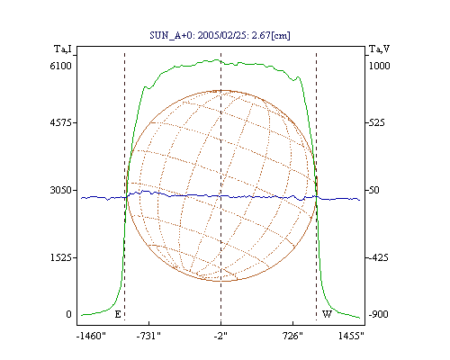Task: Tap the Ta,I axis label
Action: pyautogui.click(x=63, y=49)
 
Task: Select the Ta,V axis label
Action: pyautogui.click(x=379, y=49)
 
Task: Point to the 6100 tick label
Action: pyautogui.click(x=61, y=66)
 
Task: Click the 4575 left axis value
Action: pyautogui.click(x=61, y=122)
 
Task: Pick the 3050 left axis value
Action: pyautogui.click(x=61, y=190)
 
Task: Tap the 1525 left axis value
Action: pyautogui.click(x=61, y=257)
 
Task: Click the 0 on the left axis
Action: pyautogui.click(x=68, y=314)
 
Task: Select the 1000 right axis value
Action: pyautogui.click(x=379, y=66)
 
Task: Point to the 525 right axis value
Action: pyautogui.click(x=376, y=122)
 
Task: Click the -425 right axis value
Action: pyautogui.click(x=378, y=257)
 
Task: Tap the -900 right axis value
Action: pyautogui.click(x=378, y=314)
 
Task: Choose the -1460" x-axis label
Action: pyautogui.click(x=91, y=336)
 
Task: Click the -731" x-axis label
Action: pyautogui.click(x=148, y=336)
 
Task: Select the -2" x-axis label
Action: pyautogui.click(x=220, y=336)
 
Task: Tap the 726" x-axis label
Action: pyautogui.click(x=292, y=336)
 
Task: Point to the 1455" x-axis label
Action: pyautogui.click(x=351, y=336)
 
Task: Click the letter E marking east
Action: pyautogui.click(x=118, y=314)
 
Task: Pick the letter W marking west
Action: pyautogui.click(x=327, y=314)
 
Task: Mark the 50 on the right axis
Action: pyautogui.click(x=374, y=190)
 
